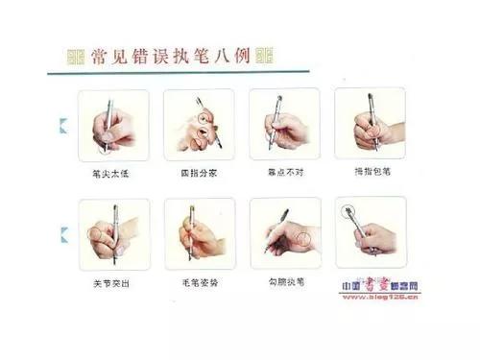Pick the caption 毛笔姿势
(x=198, y=285)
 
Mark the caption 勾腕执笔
(x=284, y=285)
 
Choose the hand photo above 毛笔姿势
(x=199, y=236)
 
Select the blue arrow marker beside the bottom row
(x=64, y=231)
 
